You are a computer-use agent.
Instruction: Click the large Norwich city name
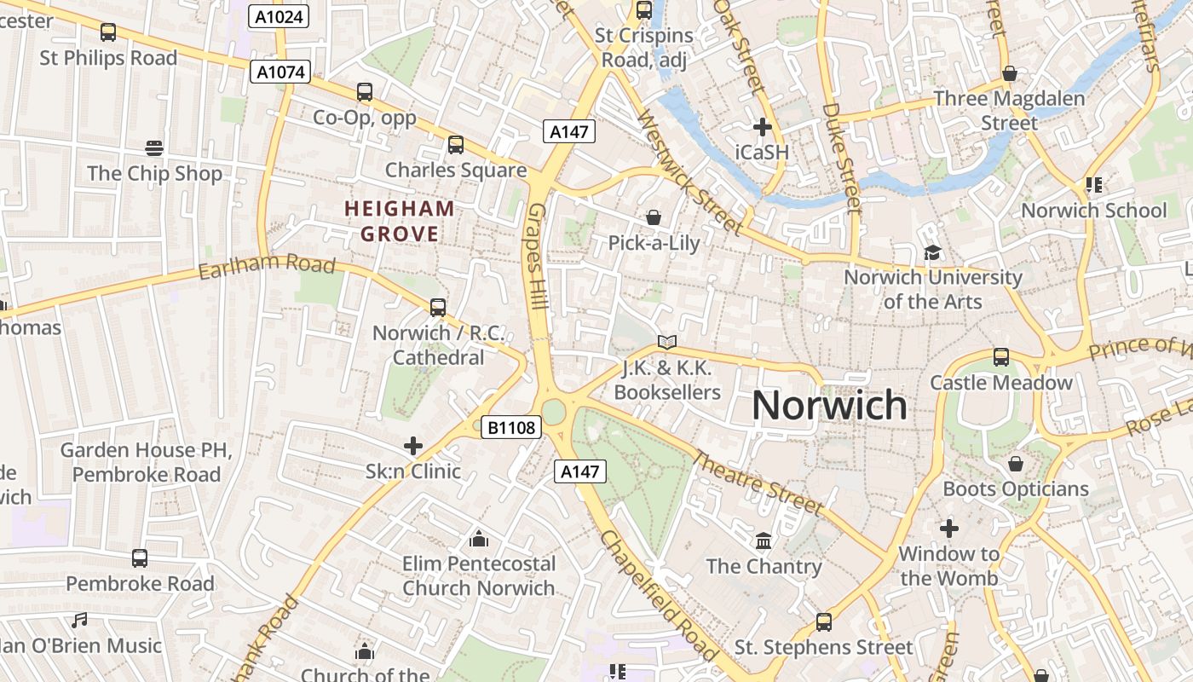[829, 405]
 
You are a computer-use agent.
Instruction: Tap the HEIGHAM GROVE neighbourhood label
[400, 221]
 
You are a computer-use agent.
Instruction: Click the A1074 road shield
[280, 72]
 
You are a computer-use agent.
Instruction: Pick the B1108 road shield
[511, 427]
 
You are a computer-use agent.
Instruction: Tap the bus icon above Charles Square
[456, 145]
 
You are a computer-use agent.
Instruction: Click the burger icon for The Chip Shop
[154, 148]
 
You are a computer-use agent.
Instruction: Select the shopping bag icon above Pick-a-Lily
[654, 217]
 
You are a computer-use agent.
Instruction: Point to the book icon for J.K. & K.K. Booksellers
[667, 343]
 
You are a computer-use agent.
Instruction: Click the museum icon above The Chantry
[764, 541]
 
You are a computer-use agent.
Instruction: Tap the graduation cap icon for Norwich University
[932, 252]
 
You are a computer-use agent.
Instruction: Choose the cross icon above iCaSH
[763, 128]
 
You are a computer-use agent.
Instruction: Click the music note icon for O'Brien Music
[79, 621]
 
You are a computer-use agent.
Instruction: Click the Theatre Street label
[757, 482]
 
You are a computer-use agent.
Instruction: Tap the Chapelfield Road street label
[657, 595]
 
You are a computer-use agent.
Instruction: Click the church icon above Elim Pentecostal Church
[479, 539]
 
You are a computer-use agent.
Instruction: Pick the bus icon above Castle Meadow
[1001, 357]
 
